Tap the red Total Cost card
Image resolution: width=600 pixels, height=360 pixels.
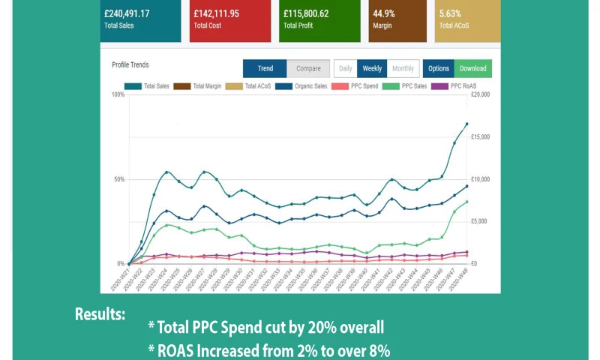(x=229, y=20)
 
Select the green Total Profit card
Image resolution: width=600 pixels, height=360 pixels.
(x=319, y=20)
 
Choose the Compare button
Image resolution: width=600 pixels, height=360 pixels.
(x=308, y=68)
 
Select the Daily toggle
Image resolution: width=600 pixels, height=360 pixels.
(x=345, y=68)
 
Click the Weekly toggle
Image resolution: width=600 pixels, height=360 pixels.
(x=372, y=68)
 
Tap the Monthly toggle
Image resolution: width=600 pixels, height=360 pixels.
(x=403, y=68)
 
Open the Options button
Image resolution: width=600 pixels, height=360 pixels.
(x=439, y=68)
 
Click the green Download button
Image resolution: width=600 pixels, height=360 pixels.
(x=472, y=68)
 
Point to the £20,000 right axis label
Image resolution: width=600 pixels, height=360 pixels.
(x=480, y=95)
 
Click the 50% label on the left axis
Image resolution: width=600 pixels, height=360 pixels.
(x=118, y=179)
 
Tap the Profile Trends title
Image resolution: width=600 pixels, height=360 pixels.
(x=130, y=65)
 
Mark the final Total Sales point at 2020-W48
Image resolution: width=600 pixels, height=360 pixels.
(x=466, y=124)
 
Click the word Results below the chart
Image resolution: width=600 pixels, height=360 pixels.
(x=100, y=313)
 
